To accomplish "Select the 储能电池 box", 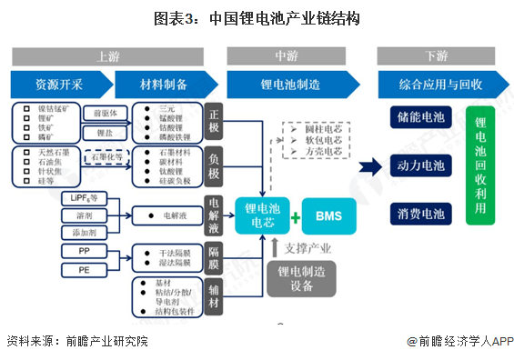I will [420, 119].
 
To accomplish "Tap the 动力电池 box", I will [420, 166].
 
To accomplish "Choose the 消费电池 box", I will [420, 215].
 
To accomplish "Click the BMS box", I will [328, 216].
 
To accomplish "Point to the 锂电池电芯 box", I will [263, 216].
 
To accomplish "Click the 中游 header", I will [287, 56].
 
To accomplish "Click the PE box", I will [84, 270].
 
